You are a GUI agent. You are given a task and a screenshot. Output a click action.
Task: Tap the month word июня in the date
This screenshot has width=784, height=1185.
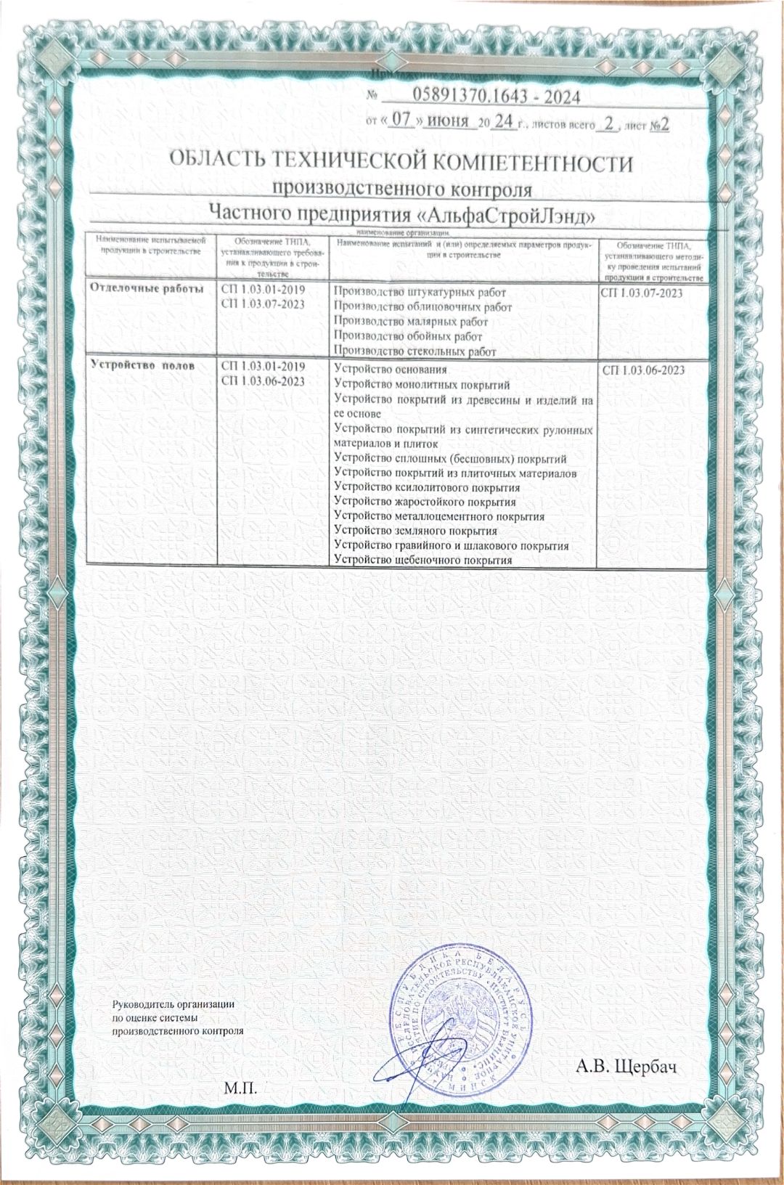(448, 121)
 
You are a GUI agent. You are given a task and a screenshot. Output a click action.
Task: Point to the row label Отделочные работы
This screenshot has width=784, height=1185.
(146, 288)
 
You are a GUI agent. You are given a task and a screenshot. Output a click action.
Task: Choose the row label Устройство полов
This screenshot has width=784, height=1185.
(142, 365)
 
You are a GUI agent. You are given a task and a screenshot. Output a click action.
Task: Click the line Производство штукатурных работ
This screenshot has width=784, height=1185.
(420, 293)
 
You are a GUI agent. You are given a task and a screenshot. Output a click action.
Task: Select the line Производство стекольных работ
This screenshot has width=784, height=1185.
(415, 352)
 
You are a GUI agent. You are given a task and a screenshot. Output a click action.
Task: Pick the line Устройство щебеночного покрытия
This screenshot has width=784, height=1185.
(422, 561)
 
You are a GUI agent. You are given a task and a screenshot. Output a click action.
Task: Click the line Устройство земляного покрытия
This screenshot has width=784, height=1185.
(415, 532)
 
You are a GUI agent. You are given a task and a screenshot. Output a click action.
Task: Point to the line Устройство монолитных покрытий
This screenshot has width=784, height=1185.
(421, 385)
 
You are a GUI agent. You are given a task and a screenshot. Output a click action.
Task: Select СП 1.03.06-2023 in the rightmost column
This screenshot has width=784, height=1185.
(643, 370)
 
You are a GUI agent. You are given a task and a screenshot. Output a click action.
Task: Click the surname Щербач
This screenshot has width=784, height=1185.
(646, 1067)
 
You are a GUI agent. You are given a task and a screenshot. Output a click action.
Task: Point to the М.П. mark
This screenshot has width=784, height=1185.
(241, 1089)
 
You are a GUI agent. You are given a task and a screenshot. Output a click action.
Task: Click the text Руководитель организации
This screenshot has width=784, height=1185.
(173, 1005)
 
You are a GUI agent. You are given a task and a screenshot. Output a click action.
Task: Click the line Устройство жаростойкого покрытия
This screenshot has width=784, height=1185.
(425, 502)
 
